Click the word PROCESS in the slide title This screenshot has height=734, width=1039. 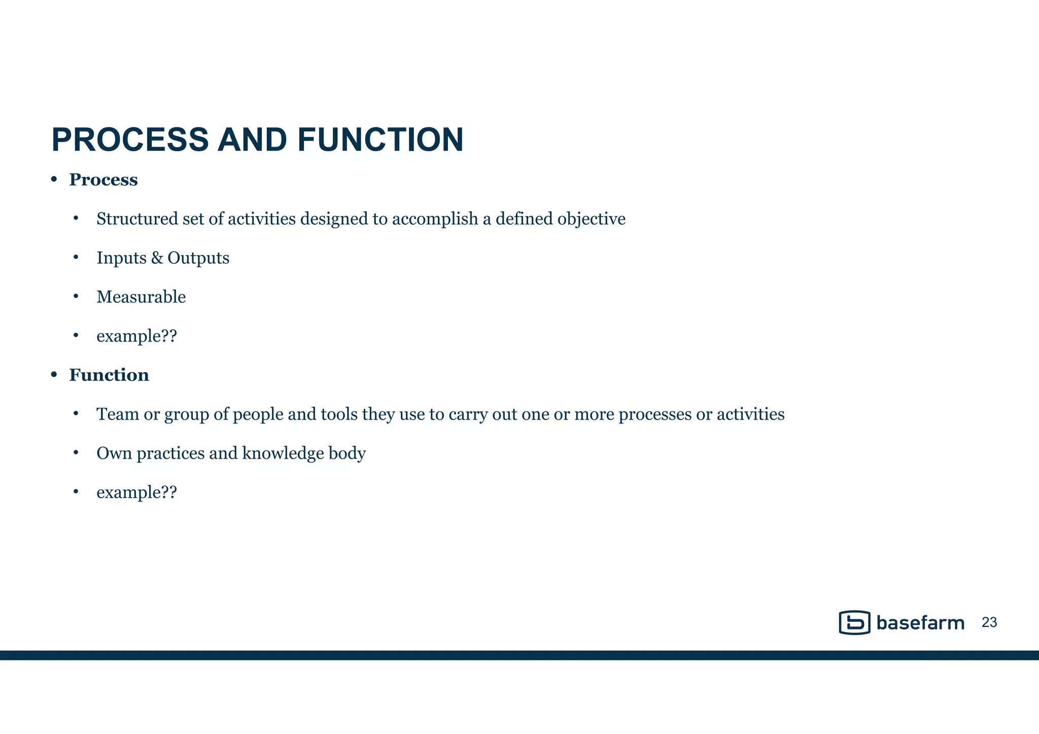[130, 140]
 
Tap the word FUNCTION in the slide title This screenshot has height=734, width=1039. [380, 140]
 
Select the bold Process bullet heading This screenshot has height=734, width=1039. [103, 180]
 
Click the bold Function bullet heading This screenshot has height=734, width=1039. [109, 375]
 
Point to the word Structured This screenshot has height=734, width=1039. [130, 219]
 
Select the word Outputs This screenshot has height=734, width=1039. [198, 258]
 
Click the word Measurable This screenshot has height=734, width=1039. [141, 297]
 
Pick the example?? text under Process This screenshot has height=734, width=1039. [136, 336]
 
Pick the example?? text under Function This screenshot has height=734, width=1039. [136, 493]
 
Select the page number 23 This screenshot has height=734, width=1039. [989, 622]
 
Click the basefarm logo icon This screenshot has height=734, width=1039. [854, 622]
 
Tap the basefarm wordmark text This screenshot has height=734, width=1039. [920, 623]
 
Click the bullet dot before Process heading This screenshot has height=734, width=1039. [54, 180]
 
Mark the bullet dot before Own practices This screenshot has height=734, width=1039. [76, 452]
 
